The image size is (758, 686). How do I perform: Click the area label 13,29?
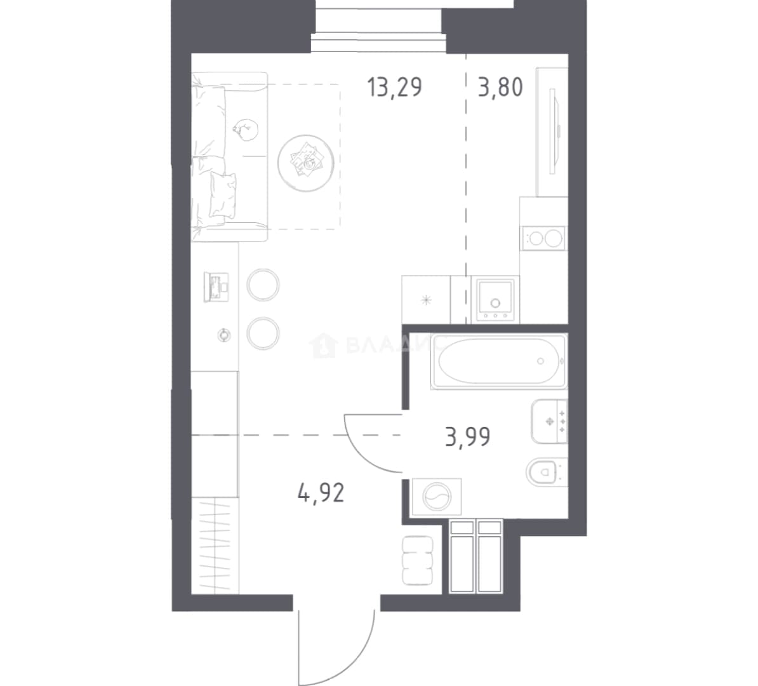[x=394, y=88]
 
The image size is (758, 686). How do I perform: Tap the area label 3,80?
[x=500, y=88]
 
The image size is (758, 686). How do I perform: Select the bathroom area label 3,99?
[x=467, y=438]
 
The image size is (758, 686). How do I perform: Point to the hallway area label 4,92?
[x=321, y=494]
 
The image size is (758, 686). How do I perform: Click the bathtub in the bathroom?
[x=499, y=361]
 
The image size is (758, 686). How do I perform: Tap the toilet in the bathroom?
[x=546, y=471]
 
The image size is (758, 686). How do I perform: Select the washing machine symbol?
[x=436, y=497]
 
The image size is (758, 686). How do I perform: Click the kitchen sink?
[x=495, y=299]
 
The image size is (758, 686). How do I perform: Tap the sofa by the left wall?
[x=229, y=157]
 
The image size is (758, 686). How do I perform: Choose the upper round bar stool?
[x=263, y=285]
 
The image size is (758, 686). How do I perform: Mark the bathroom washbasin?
[x=549, y=421]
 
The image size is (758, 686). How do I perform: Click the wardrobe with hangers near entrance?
[x=215, y=545]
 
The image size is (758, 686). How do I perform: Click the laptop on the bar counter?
[x=216, y=287]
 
